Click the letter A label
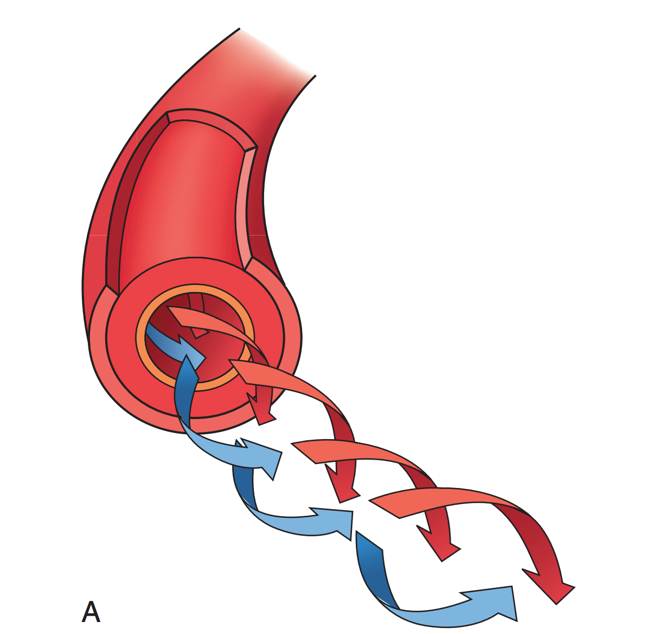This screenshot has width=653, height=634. tap(91, 612)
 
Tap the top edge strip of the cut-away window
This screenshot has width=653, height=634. tap(212, 122)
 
